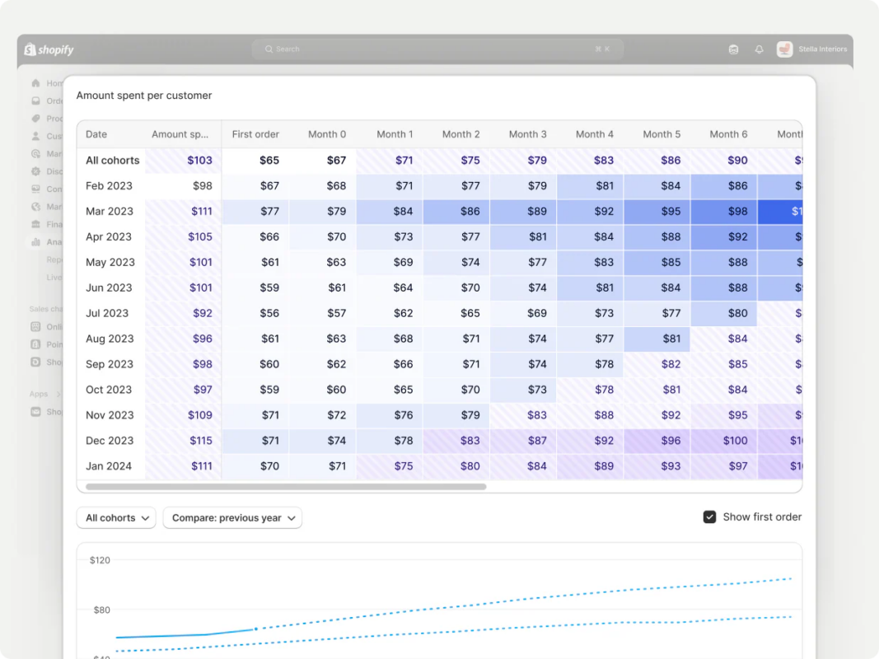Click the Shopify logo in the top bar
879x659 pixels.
[49, 49]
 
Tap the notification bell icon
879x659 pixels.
[759, 49]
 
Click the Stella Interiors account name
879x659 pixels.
[821, 49]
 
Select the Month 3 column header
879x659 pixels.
[527, 134]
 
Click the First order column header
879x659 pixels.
[255, 134]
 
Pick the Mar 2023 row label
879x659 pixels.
[110, 212]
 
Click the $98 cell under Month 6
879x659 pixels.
[737, 212]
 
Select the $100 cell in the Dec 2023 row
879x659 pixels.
[735, 441]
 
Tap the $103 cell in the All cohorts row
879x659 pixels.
[199, 161]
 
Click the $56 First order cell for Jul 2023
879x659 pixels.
[269, 313]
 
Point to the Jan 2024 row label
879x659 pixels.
[109, 466]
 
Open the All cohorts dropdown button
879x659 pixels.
[116, 518]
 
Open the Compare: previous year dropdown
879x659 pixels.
[232, 518]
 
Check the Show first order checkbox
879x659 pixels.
[709, 517]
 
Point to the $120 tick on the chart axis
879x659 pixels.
[100, 560]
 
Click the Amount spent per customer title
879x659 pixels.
[144, 96]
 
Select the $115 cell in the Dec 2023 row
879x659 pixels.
[201, 441]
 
